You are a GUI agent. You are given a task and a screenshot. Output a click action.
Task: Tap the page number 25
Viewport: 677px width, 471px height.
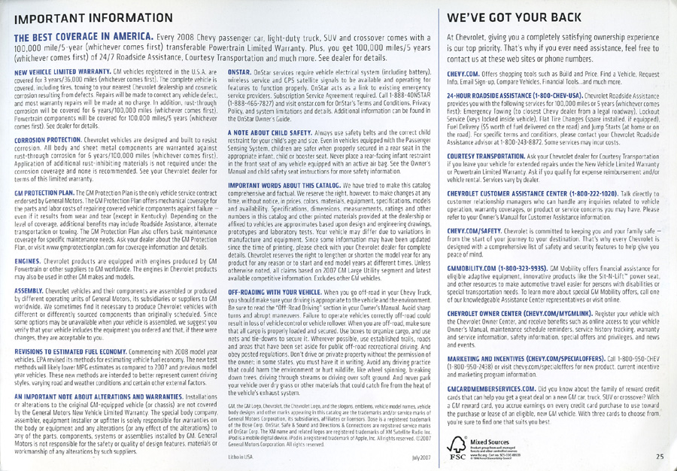tap(660, 454)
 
